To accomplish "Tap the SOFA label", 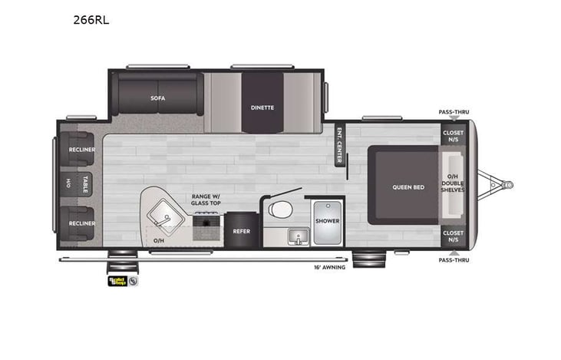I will coord(158,98).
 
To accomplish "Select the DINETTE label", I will coord(262,107).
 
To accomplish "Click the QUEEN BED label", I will coord(408,187).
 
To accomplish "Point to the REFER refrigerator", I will coord(242,230).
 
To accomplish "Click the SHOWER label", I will coord(327,221).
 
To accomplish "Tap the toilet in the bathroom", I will coord(280,210).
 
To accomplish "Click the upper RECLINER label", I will coord(81,150).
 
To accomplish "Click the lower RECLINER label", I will coord(81,223).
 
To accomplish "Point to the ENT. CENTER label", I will coord(338,144).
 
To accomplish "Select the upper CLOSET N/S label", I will coord(453,135).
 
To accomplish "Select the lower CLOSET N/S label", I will coord(453,236).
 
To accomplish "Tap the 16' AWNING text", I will coord(329,267).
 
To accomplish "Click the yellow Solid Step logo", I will coord(117,281).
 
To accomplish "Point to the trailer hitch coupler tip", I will coord(508,184).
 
